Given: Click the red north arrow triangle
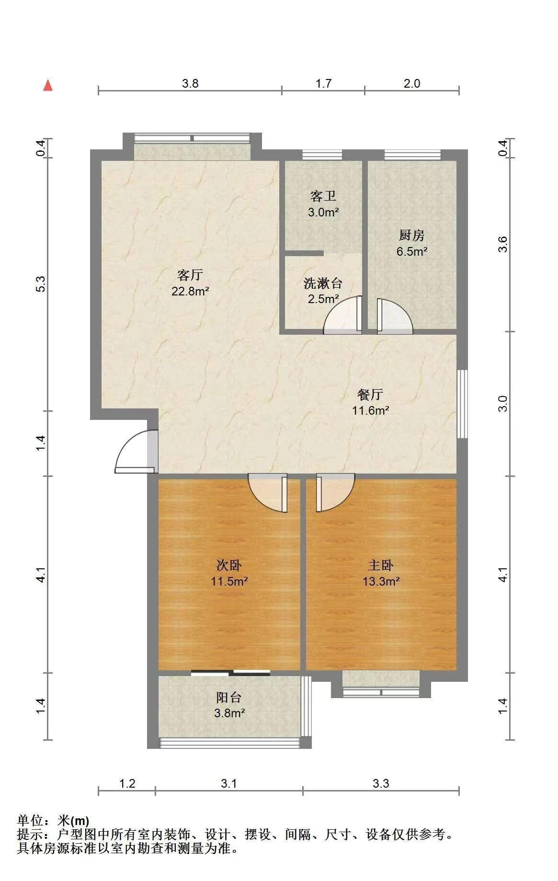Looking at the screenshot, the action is coord(48,85).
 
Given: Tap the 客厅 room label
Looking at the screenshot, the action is coord(190,275).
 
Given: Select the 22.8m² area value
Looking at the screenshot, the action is coord(190,291).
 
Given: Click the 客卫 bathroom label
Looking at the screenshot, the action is coord(323,196).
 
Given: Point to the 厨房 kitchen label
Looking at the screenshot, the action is coord(412,235).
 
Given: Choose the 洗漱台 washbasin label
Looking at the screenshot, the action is coord(323,283).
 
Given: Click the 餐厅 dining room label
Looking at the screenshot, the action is coord(370,394).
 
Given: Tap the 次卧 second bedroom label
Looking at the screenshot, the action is coord(229,565).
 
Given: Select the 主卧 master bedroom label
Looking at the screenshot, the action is coord(381,565).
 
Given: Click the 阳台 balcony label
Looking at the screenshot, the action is coord(229,697).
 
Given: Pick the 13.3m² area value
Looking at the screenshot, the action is coord(381,581).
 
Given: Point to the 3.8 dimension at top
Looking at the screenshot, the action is coord(190,83).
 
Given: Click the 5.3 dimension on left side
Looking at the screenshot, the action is coord(41,284).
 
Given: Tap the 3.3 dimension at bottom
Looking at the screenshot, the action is coord(381,783).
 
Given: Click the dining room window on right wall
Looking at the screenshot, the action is coord(462,404).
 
